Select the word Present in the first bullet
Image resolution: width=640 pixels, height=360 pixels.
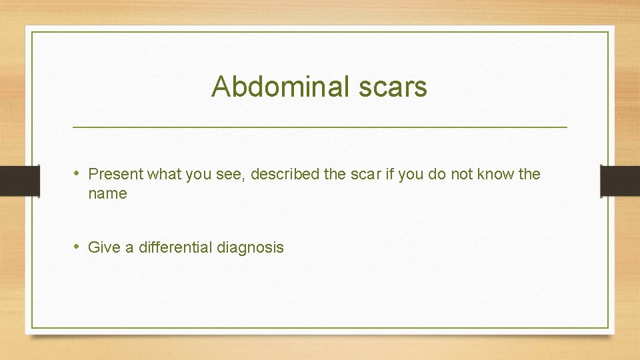click(x=116, y=175)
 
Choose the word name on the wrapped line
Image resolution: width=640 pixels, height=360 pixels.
click(x=107, y=194)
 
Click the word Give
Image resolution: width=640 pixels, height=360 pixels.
click(x=103, y=248)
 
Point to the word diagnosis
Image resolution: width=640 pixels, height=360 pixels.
click(x=250, y=248)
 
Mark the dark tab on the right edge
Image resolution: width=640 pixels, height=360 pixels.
click(x=619, y=181)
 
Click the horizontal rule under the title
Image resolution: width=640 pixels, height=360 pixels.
click(x=319, y=127)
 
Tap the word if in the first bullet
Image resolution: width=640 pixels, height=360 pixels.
click(x=388, y=175)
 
